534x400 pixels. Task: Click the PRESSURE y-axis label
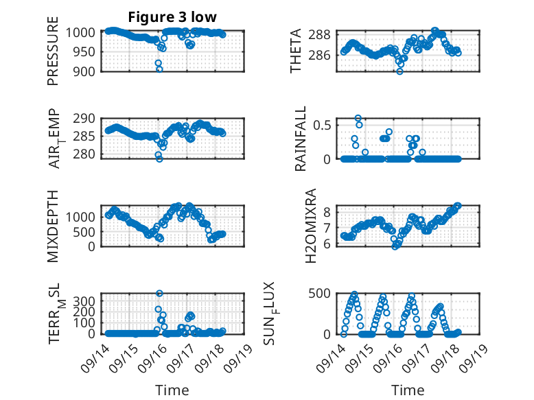coord(53,56)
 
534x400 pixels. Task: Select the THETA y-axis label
coord(296,51)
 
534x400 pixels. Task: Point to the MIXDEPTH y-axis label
coord(53,226)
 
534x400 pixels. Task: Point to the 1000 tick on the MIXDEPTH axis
coord(83,217)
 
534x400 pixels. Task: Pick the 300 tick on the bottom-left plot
coord(86,301)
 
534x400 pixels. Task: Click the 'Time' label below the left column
coord(172,390)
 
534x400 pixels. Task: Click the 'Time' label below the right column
coord(408,390)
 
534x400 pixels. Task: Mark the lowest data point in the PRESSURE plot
coord(159,69)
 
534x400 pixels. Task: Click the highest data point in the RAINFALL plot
coord(358,119)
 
